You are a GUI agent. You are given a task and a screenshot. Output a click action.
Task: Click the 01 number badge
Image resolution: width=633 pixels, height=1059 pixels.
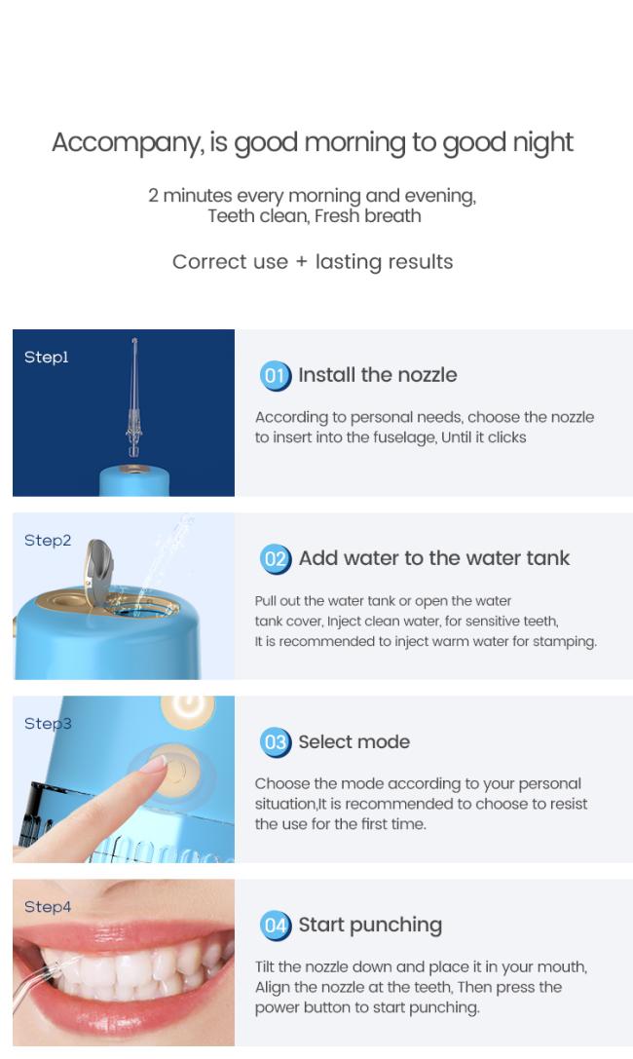275,375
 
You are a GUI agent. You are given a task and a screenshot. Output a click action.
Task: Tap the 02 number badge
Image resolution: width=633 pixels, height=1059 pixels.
275,559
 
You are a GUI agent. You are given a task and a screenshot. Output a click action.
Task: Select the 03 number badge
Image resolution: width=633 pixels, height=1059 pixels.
275,742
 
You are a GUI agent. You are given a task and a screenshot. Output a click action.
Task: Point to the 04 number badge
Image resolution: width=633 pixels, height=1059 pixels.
275,926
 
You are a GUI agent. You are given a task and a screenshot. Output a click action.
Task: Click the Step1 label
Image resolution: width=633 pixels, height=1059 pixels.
47,358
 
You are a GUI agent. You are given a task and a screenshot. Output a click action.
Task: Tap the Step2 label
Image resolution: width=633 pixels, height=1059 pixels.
48,541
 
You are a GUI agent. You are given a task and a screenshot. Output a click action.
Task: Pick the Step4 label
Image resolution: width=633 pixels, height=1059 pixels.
48,907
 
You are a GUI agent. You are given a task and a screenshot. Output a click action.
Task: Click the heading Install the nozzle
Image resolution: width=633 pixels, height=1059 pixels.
377,375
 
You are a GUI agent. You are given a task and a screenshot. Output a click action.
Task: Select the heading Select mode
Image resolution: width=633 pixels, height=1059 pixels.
354,741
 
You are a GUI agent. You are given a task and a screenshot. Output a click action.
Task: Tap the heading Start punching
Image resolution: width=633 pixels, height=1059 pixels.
370,926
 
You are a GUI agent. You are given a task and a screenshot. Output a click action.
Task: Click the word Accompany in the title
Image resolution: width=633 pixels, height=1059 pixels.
128,143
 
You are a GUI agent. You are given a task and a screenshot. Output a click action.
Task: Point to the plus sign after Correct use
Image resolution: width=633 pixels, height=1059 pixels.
301,262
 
